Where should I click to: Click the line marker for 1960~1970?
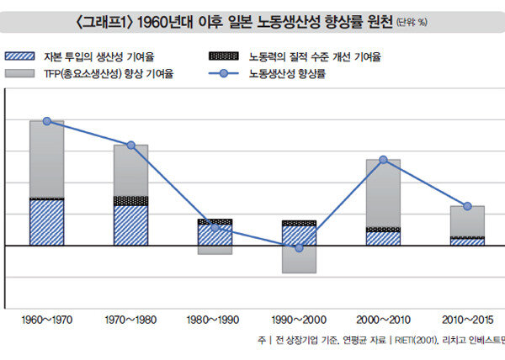click(x=46, y=121)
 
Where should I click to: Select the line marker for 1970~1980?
click(x=130, y=146)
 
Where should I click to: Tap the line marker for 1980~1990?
click(x=215, y=227)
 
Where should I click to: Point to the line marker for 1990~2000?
click(x=299, y=248)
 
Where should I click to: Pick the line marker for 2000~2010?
click(x=383, y=160)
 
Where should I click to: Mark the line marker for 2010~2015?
click(x=467, y=206)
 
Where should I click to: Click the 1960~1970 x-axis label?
click(x=47, y=320)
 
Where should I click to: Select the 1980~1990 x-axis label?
click(x=215, y=320)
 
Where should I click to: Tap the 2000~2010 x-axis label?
click(x=383, y=320)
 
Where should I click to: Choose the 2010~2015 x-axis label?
click(x=467, y=320)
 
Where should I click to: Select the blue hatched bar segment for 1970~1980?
click(x=130, y=225)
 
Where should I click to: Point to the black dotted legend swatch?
click(x=221, y=57)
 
